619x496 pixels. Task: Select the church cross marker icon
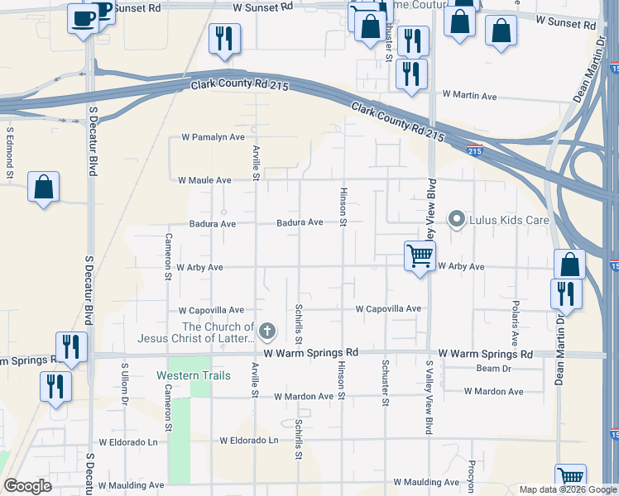coord(266,332)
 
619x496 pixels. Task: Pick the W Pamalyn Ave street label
coord(214,137)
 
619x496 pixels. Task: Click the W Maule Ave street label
coord(204,180)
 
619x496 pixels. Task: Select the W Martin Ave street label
coord(469,97)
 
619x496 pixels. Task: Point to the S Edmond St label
coord(10,152)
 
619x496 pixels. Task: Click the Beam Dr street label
coord(495,368)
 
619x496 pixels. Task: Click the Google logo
coord(28,486)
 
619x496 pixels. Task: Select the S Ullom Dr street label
coord(125,382)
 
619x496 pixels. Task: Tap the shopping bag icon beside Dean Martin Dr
coord(569,265)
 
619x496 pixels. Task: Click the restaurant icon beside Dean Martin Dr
coord(565,293)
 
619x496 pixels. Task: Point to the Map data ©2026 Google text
coord(567,489)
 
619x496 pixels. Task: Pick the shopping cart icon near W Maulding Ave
coord(570,477)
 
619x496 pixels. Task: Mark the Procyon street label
coord(471,476)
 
